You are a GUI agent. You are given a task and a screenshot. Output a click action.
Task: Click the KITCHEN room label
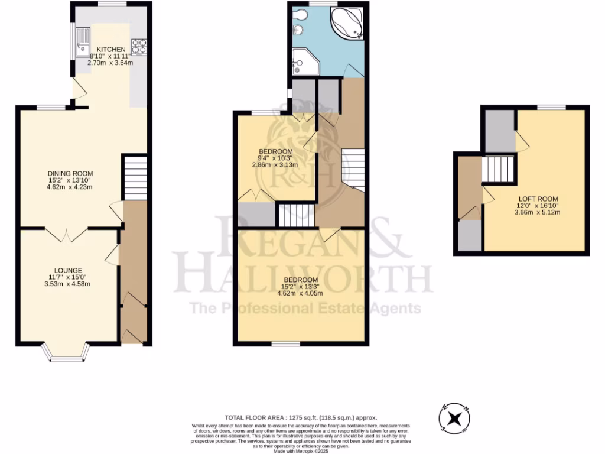coord(111,50)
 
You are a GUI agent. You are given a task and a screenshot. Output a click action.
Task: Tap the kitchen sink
coord(82,41)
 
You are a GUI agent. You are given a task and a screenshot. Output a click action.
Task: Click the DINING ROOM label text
coord(70,174)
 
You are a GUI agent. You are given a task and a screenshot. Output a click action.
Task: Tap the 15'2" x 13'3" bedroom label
coord(301,280)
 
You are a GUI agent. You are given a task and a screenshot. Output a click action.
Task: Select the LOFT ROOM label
coord(538,199)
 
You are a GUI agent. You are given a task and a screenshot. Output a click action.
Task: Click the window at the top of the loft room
coord(552,107)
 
